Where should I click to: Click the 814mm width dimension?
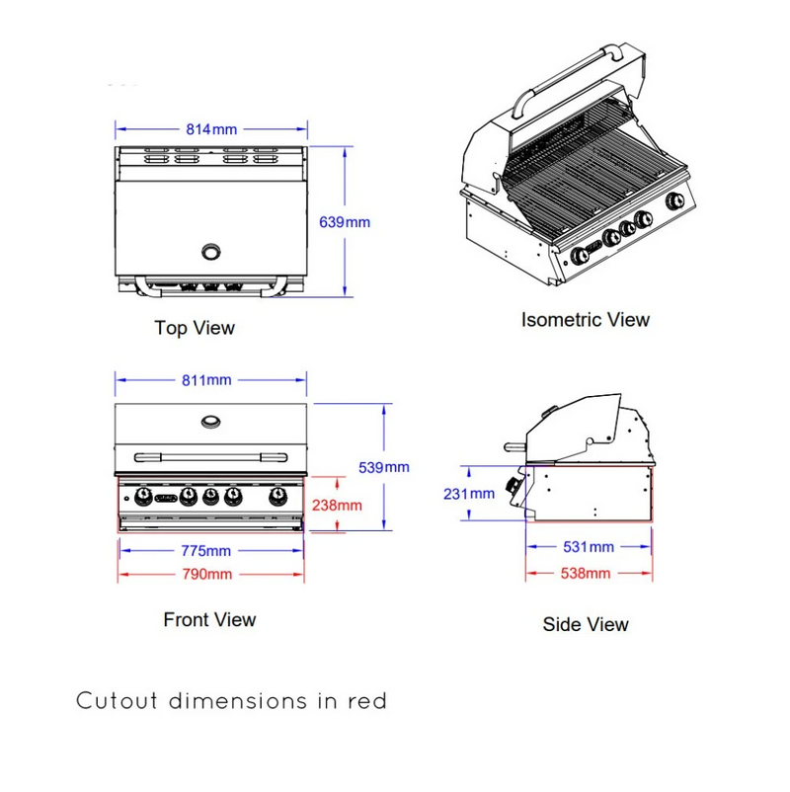click(212, 128)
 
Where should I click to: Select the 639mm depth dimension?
click(345, 222)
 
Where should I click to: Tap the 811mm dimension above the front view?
click(208, 380)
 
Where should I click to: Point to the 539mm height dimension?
click(384, 467)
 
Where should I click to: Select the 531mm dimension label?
click(589, 547)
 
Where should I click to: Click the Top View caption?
click(195, 327)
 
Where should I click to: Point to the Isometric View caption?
click(586, 319)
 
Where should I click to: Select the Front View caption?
click(209, 620)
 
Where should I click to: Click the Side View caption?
click(586, 624)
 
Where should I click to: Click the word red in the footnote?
click(366, 701)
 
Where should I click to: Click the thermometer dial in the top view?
click(211, 252)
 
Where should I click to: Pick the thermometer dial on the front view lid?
click(211, 422)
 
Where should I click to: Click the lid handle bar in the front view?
click(211, 455)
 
